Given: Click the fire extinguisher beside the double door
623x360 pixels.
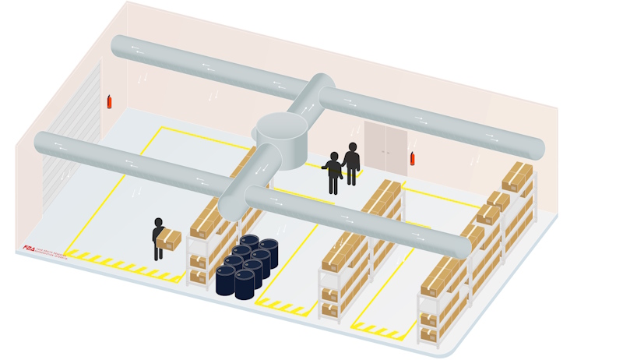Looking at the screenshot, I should pyautogui.click(x=412, y=158).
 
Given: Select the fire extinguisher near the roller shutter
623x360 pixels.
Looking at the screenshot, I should pyautogui.click(x=109, y=101).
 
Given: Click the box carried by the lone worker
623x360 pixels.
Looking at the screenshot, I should pyautogui.click(x=170, y=239).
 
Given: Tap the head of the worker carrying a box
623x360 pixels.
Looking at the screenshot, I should pyautogui.click(x=159, y=222).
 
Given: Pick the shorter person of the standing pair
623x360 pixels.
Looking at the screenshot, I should pyautogui.click(x=334, y=172).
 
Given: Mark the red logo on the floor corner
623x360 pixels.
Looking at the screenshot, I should pyautogui.click(x=30, y=249).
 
